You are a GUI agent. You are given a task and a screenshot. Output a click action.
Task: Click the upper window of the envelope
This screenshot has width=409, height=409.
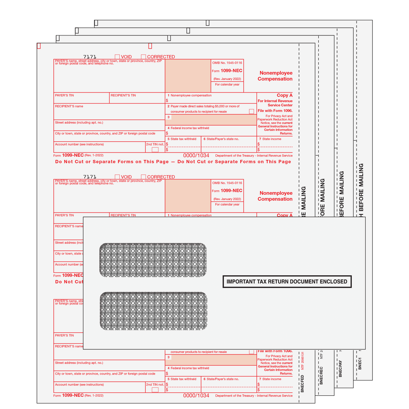(153, 260)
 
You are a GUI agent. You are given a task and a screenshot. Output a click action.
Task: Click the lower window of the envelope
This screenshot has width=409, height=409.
(153, 311)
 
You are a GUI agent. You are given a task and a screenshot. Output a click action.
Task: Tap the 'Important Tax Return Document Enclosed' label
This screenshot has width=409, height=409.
(287, 282)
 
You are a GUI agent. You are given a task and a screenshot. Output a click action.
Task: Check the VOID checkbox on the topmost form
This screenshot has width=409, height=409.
(117, 57)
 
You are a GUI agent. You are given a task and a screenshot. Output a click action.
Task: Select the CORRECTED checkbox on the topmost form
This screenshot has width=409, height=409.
(144, 57)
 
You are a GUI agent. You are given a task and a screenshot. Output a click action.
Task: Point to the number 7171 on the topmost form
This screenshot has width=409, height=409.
(90, 57)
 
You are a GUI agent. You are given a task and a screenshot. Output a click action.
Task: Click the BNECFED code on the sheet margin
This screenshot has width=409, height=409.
(302, 377)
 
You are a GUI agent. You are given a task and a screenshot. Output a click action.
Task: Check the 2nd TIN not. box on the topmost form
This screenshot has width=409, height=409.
(155, 149)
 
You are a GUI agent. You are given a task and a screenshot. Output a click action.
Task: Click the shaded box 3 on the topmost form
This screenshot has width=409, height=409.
(210, 120)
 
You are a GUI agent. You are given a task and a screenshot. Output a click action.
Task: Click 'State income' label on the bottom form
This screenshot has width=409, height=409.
(271, 379)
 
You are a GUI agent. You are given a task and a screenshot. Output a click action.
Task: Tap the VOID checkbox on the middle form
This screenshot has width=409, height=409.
(117, 177)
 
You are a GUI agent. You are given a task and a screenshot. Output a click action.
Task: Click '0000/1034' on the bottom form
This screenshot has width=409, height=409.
(196, 395)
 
